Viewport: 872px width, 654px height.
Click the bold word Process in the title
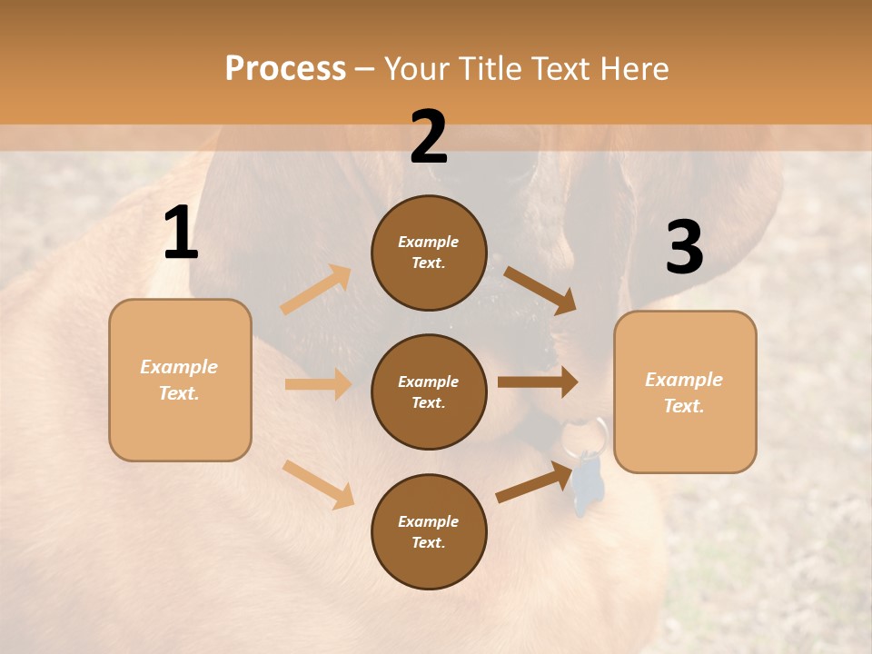(285, 69)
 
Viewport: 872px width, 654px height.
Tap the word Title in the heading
(490, 69)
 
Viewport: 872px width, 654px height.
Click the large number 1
(181, 233)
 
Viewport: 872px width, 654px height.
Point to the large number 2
(429, 137)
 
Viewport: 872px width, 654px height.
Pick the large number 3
(684, 248)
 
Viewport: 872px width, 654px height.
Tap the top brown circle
(429, 253)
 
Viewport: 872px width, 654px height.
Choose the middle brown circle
(429, 391)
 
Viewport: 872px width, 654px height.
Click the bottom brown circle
(429, 531)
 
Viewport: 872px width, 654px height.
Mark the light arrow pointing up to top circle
(316, 289)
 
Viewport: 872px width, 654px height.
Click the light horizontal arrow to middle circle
(318, 384)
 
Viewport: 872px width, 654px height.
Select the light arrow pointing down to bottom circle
(318, 484)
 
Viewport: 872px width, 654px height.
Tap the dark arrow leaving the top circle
(540, 289)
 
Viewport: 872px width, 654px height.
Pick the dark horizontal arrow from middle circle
(537, 382)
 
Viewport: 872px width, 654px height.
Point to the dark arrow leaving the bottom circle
(536, 482)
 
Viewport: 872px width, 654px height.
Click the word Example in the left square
(179, 367)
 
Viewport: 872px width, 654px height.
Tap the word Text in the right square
(682, 406)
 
